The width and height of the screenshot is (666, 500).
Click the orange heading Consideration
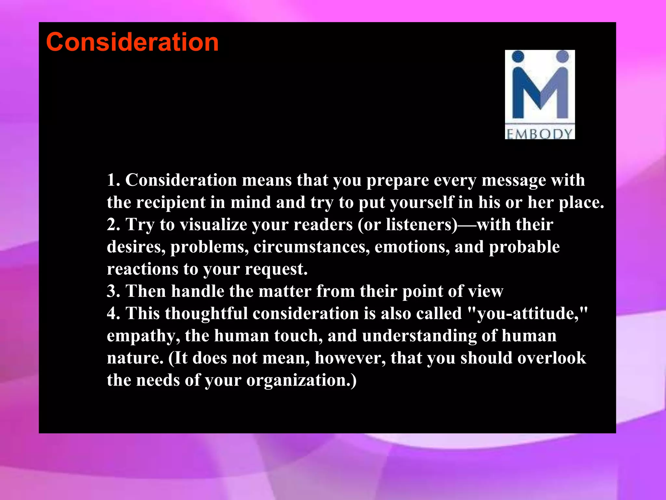(132, 42)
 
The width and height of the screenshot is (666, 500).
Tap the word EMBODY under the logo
(539, 134)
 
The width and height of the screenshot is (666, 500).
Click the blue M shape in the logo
(540, 94)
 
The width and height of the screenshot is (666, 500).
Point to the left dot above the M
(518, 56)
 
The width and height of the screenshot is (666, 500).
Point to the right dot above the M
(562, 56)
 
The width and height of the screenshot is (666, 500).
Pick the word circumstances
(311, 247)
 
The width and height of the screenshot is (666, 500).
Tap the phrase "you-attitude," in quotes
(527, 313)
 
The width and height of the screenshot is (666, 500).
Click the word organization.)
(301, 380)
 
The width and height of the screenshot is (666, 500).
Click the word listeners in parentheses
(421, 225)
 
